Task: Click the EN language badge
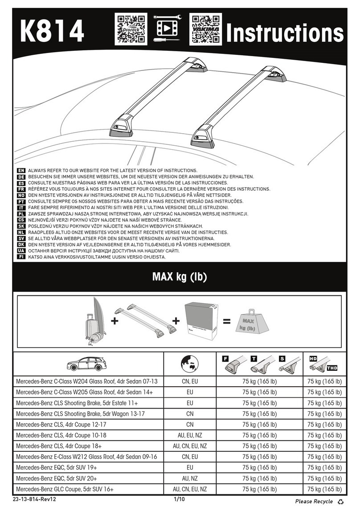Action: (x=21, y=171)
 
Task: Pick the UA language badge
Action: (x=21, y=251)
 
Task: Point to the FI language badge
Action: (x=21, y=258)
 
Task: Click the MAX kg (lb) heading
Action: (x=180, y=277)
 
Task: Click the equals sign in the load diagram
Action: (x=227, y=321)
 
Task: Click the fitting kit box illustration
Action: (x=201, y=322)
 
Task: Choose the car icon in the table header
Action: (x=88, y=365)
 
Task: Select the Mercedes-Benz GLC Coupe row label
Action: (x=65, y=489)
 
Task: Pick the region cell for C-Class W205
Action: (x=190, y=392)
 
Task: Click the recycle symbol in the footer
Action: (x=341, y=502)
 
